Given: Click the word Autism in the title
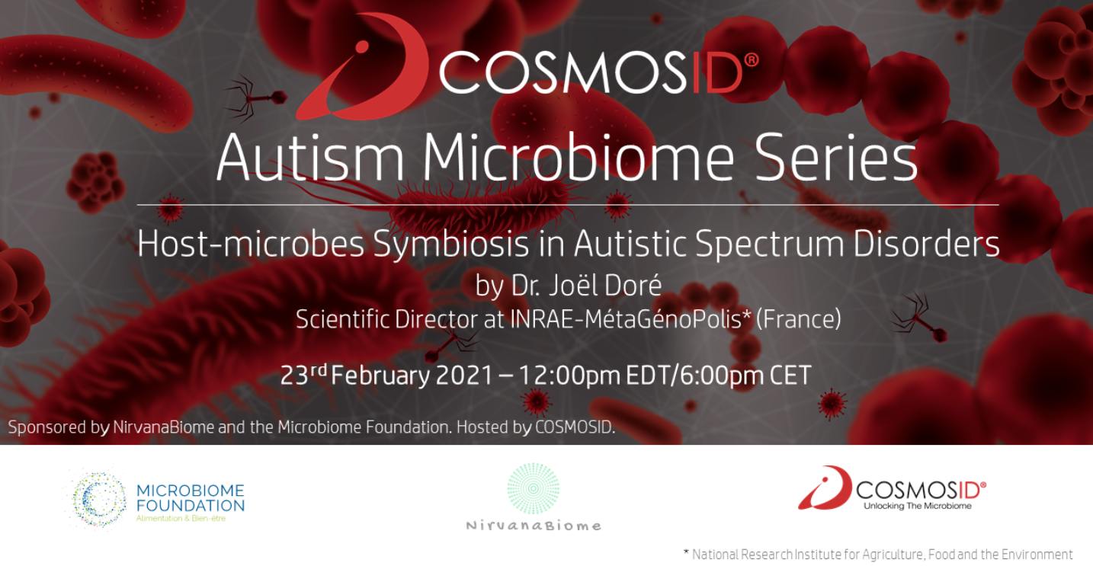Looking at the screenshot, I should (311, 158).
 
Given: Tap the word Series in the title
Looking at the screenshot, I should (835, 158).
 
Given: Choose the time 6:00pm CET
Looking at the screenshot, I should (747, 375).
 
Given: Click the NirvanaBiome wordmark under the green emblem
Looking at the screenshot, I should (534, 526).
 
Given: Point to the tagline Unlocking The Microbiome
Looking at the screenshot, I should (917, 506).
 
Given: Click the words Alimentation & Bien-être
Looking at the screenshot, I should (181, 519).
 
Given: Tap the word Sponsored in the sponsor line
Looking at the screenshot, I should (47, 427).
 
